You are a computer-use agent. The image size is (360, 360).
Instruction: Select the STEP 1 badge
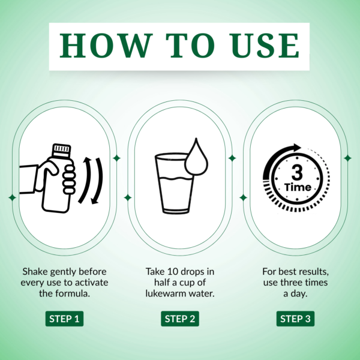[x=64, y=319]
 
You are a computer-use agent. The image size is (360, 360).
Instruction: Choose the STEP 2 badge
[x=179, y=319]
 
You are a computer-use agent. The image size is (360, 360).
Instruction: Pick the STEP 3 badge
[x=295, y=319]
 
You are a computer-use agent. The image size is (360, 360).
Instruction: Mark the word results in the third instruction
[x=313, y=271]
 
